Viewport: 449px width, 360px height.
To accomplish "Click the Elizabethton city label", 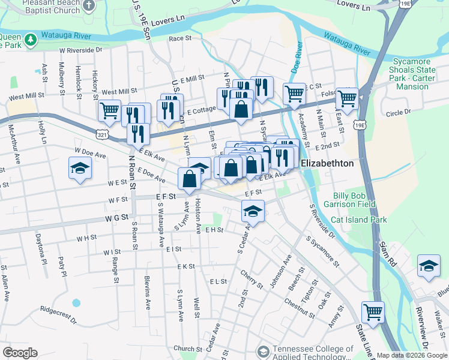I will click(x=327, y=163).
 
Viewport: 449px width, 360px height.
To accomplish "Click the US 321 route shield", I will click(x=104, y=130).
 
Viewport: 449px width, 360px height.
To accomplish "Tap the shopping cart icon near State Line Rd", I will click(x=373, y=313).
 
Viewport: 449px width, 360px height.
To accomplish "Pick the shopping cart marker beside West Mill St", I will click(x=109, y=110).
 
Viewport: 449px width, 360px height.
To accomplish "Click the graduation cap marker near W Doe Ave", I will click(x=80, y=169).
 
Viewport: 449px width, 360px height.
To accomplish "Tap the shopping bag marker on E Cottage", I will click(x=241, y=110).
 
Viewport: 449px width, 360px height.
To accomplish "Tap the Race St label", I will click(x=179, y=38).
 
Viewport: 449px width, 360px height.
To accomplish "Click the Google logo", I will click(x=19, y=353).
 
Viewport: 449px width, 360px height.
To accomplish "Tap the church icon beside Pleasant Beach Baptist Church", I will click(x=89, y=6).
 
